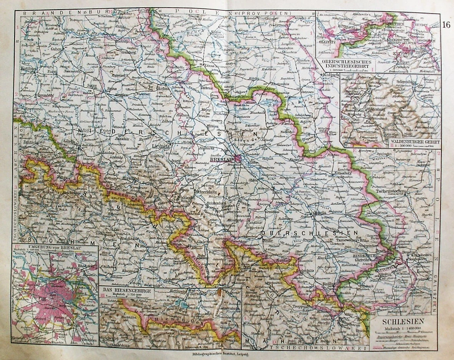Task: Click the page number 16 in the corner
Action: (446, 25)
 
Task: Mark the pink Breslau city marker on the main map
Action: (239, 158)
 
